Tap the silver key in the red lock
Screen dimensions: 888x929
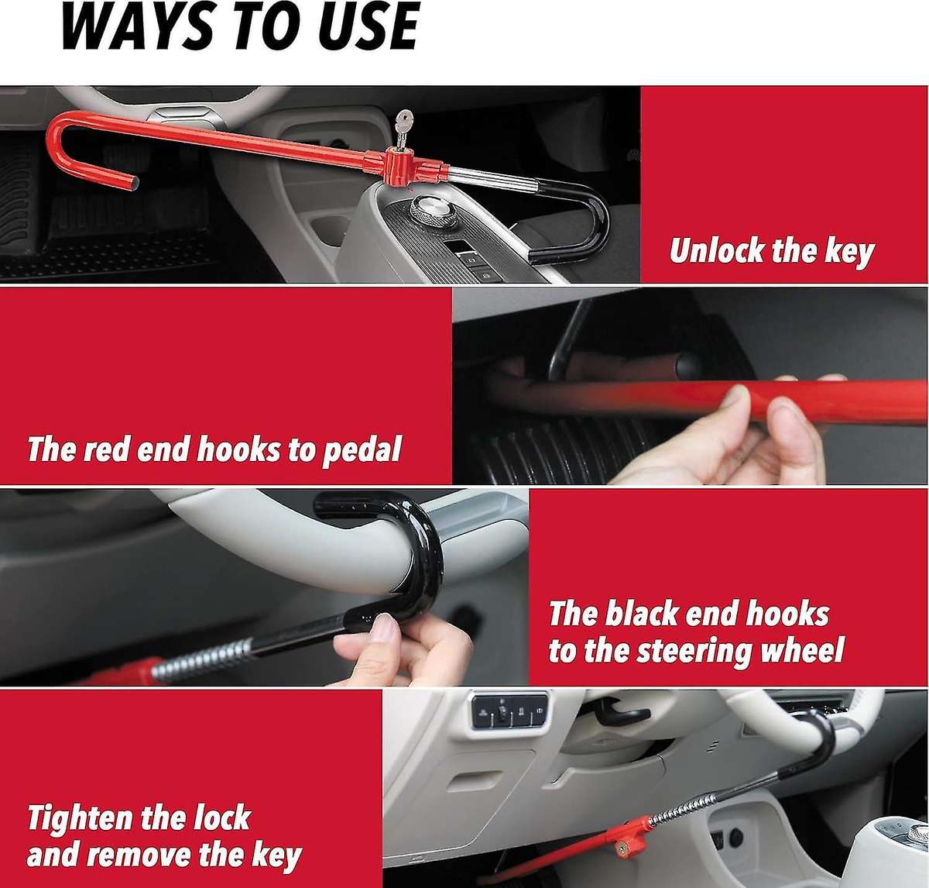tap(403, 127)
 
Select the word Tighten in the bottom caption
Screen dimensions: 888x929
tap(81, 818)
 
